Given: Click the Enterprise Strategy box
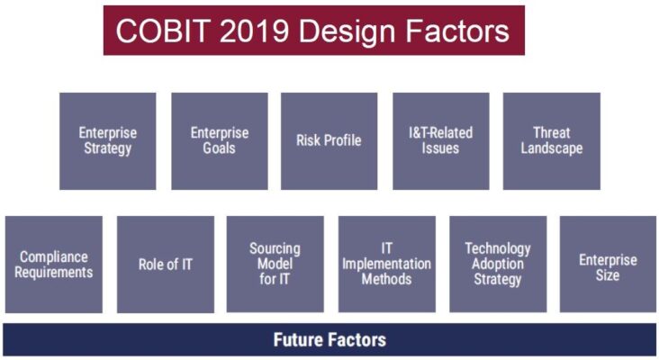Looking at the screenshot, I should pyautogui.click(x=107, y=140).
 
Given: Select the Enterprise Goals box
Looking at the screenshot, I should pyautogui.click(x=219, y=140).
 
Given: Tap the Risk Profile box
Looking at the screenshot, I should pyautogui.click(x=329, y=140).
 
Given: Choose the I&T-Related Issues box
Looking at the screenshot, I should pyautogui.click(x=440, y=140).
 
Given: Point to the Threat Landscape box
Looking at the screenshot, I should pyautogui.click(x=551, y=140).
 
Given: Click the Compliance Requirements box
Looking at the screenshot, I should pyautogui.click(x=54, y=264).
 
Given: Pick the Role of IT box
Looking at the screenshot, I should pyautogui.click(x=166, y=264).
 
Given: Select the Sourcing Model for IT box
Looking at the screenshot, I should pyautogui.click(x=275, y=264).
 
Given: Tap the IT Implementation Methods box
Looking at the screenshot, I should pyautogui.click(x=386, y=264).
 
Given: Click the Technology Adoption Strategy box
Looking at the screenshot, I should pyautogui.click(x=498, y=264).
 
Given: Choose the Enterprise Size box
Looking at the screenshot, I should pyautogui.click(x=608, y=264).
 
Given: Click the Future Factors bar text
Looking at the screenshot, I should pyautogui.click(x=329, y=339).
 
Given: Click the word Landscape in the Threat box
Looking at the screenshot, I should pyautogui.click(x=551, y=148).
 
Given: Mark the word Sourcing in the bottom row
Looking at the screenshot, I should pyautogui.click(x=275, y=248).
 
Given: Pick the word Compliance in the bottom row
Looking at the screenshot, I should pyautogui.click(x=54, y=256).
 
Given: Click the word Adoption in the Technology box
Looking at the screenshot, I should pyautogui.click(x=498, y=264).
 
